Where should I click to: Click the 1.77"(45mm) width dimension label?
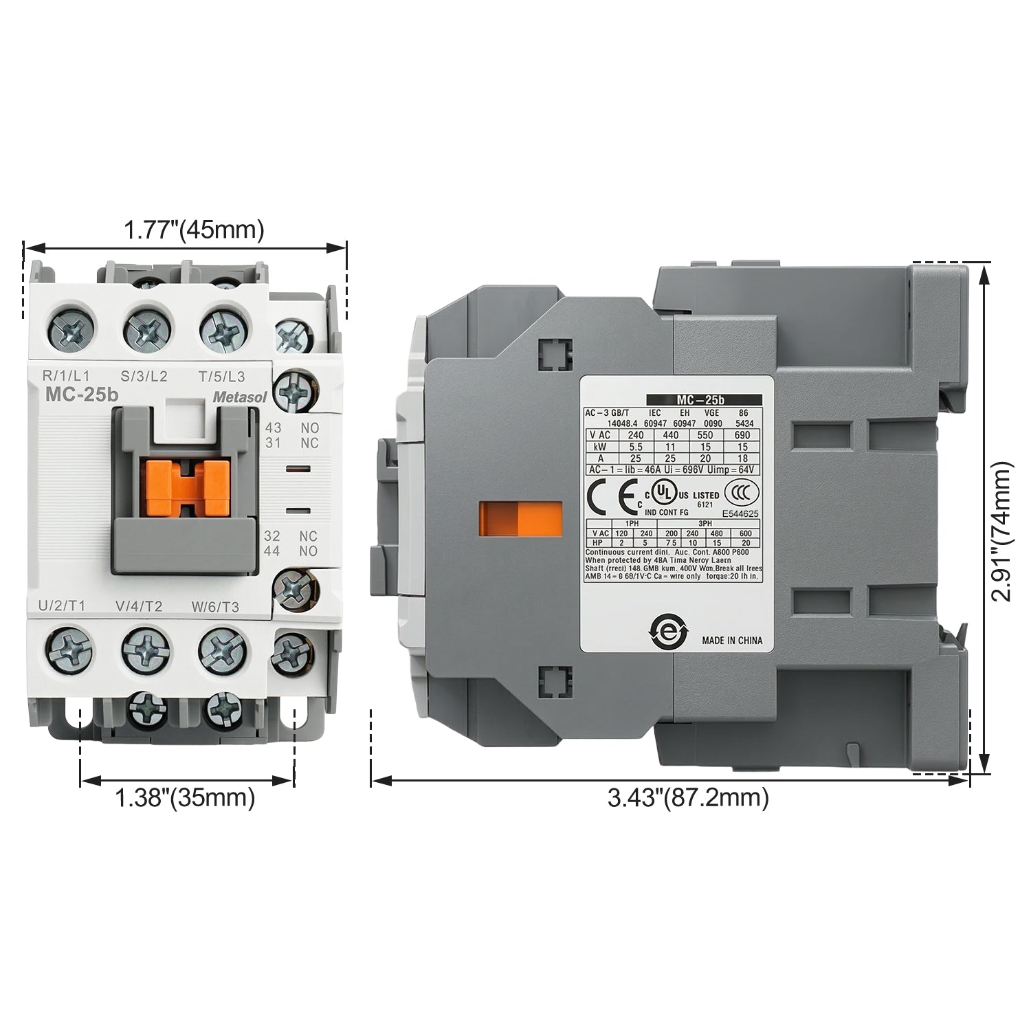193,230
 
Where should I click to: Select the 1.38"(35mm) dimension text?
185,798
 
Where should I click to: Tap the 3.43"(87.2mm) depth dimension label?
688,798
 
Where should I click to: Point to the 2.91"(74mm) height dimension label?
1001,531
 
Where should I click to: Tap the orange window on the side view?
520,518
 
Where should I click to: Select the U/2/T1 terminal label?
62,606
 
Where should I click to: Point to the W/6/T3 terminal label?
215,606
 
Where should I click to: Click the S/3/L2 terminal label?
144,376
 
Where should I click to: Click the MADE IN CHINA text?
732,640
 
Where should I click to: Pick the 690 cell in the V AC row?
742,435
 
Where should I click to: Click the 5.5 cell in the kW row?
635,447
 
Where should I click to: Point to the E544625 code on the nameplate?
740,513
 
